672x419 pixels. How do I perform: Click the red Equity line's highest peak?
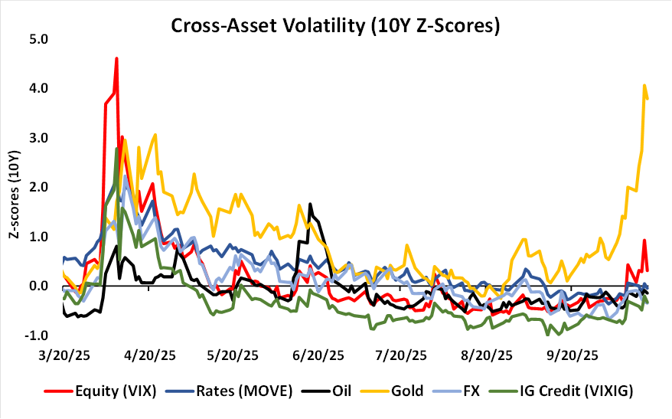coord(116,57)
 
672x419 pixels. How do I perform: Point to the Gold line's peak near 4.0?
coord(644,85)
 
